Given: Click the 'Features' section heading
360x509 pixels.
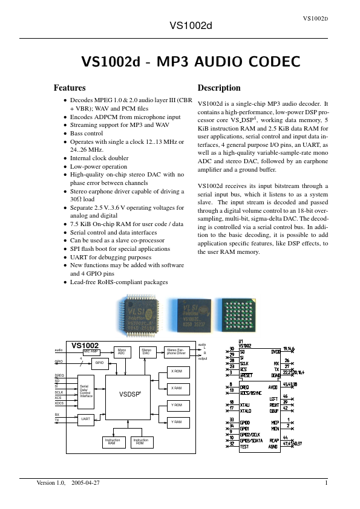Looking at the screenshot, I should (x=70, y=88).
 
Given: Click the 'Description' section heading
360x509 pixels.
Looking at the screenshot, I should (x=219, y=88).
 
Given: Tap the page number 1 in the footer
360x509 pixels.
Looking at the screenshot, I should (x=326, y=484).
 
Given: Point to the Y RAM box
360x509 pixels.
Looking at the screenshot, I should (x=177, y=421).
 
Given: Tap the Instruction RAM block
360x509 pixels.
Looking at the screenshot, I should (x=112, y=441).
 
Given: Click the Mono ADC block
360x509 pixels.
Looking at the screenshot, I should (x=122, y=351).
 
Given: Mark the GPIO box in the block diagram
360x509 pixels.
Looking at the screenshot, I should (x=99, y=362).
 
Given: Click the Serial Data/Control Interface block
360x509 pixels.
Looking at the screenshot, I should (x=86, y=391).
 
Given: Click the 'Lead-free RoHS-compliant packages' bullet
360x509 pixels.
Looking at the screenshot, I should (x=119, y=282).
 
